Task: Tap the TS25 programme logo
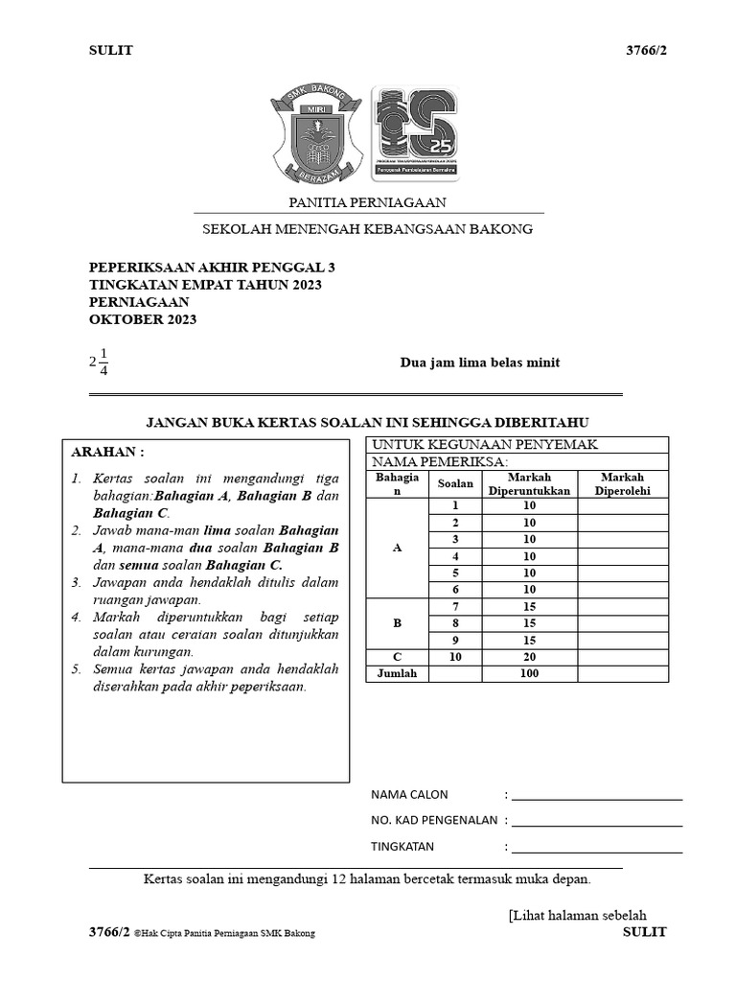415,133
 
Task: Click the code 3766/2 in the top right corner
646,51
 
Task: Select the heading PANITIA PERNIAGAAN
368,202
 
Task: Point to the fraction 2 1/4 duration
99,362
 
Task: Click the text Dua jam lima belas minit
479,362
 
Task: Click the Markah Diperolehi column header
622,483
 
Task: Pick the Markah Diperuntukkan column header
529,483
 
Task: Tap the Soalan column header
455,484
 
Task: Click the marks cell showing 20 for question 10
529,657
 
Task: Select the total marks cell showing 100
529,673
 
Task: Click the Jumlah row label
397,673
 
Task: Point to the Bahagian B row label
397,623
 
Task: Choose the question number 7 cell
455,607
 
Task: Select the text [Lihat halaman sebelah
578,915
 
